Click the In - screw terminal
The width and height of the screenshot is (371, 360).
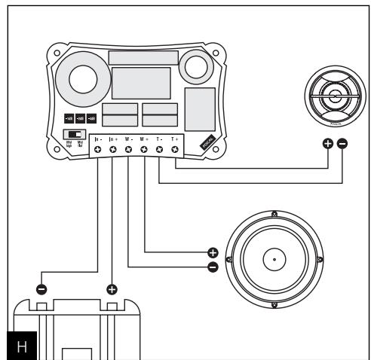pos(97,151)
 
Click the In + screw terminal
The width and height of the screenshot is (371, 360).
pos(113,151)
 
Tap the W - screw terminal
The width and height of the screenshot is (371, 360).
pos(128,151)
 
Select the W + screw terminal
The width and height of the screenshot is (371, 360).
pos(144,151)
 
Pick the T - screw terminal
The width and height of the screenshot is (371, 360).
pos(160,151)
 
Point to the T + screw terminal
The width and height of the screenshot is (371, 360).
pos(175,151)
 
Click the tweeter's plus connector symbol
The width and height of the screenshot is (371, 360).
pos(328,143)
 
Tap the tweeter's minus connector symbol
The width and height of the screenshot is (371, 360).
pos(343,143)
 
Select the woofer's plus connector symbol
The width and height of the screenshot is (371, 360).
pos(213,252)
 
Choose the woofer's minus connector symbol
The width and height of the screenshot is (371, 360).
pos(213,267)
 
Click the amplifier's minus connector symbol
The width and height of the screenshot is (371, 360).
pos(41,288)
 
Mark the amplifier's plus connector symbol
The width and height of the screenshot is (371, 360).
pos(112,288)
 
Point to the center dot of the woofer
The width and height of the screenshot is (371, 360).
pos(274,260)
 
